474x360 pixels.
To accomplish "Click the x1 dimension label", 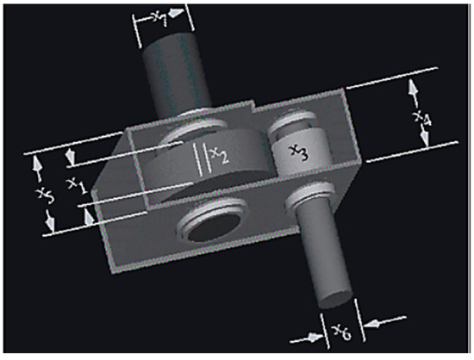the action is click(x=78, y=185).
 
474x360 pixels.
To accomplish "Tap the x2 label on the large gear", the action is click(x=220, y=155).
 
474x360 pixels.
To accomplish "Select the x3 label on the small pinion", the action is click(x=299, y=152).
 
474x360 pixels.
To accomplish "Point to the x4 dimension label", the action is click(x=422, y=118).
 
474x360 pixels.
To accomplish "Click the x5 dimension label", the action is click(x=46, y=195).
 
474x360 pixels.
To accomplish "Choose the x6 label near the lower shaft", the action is click(x=342, y=332).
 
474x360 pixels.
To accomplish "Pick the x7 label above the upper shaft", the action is click(x=160, y=18).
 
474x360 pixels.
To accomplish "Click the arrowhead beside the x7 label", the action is click(x=176, y=13).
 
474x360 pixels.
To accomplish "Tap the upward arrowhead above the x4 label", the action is click(x=412, y=88).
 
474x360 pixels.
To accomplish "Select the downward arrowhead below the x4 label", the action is click(x=425, y=137).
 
